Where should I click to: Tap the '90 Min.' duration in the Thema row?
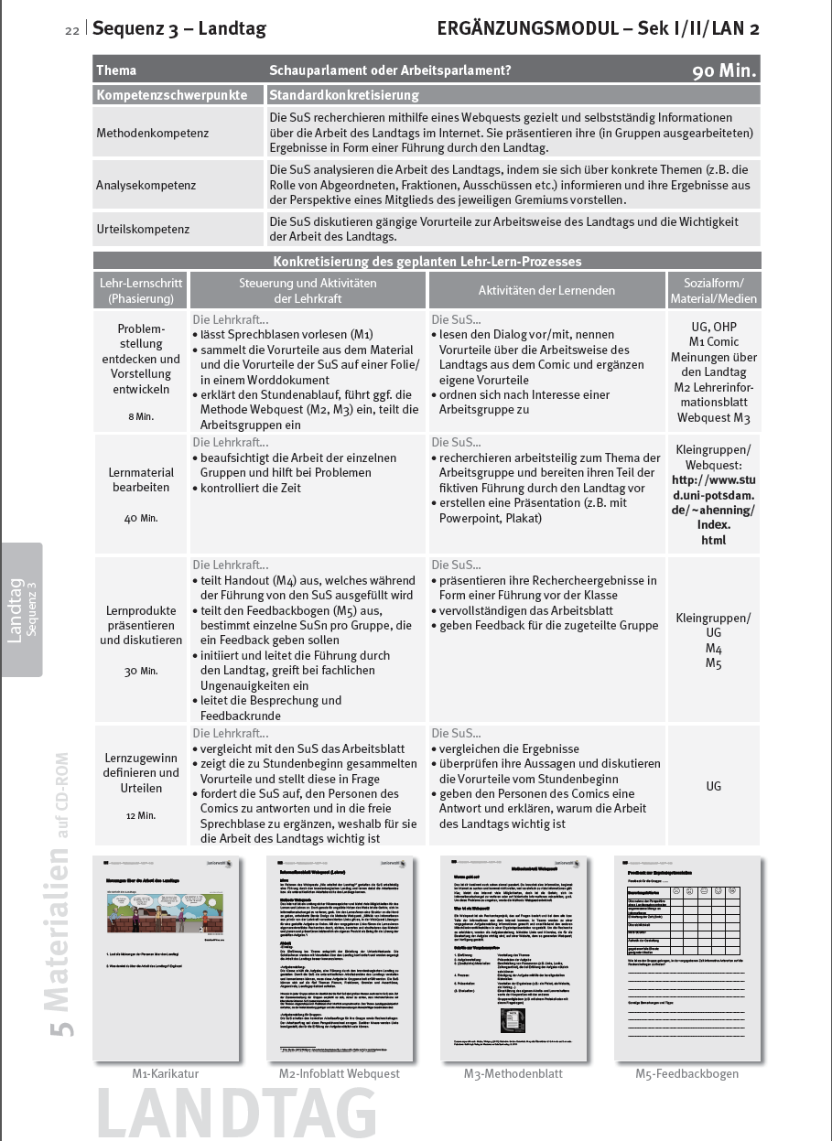click(724, 70)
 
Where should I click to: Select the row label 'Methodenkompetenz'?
click(152, 134)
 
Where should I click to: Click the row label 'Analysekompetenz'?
click(146, 186)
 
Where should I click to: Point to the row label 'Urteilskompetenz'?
click(143, 228)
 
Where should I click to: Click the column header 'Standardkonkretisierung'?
click(344, 95)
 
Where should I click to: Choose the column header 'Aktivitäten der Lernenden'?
click(546, 290)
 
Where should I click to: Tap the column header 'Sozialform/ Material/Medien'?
click(714, 290)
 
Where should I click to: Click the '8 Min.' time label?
click(141, 416)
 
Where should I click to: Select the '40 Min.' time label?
click(141, 518)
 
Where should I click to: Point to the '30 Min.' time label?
click(141, 671)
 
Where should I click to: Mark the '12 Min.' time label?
click(141, 814)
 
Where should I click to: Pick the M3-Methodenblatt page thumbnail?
click(513, 956)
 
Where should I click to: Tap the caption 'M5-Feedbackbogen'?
click(686, 1073)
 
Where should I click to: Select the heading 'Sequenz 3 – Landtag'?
click(179, 29)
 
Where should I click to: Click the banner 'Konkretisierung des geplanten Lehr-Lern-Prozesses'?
click(427, 261)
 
